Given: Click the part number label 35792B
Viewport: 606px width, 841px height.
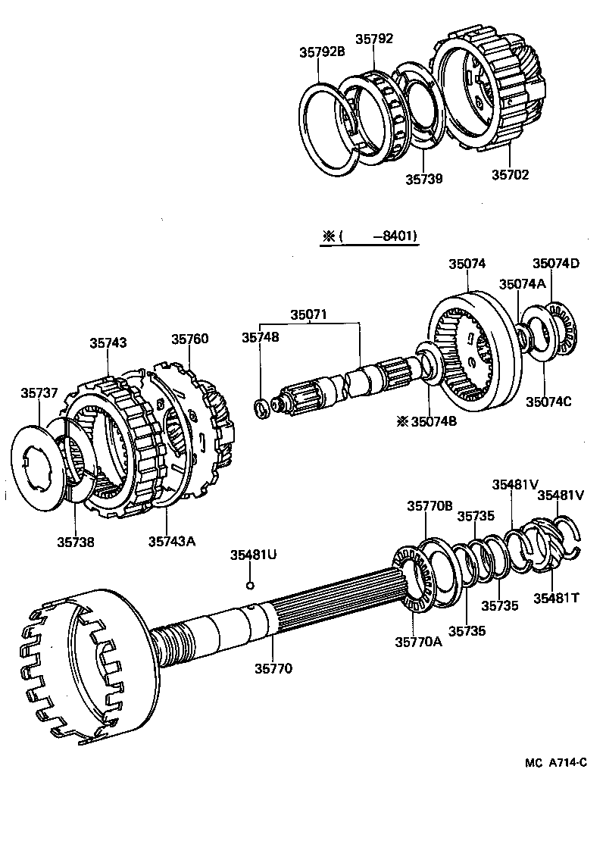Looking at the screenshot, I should coord(322,52).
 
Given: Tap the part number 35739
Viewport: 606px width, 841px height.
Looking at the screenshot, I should coord(423,180).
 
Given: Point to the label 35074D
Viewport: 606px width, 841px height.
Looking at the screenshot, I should coord(555,264).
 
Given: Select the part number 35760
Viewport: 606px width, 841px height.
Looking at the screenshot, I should coord(189,339).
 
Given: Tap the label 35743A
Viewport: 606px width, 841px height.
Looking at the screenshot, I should coord(172,540).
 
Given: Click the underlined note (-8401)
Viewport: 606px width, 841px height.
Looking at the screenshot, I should coord(370,236).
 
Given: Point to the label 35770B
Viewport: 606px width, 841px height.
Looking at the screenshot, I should coord(430,506).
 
